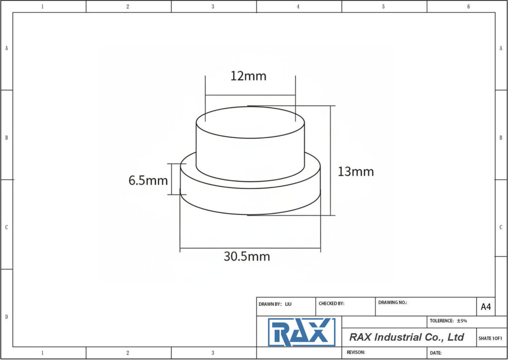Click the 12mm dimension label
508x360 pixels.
click(248, 76)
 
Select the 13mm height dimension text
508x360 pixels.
click(356, 172)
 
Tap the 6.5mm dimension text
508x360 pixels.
click(148, 181)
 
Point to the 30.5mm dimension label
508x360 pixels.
click(247, 257)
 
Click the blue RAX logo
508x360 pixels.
click(301, 332)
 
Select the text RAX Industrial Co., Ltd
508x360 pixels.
click(406, 337)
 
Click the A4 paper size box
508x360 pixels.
click(486, 307)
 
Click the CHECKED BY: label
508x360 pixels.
click(331, 303)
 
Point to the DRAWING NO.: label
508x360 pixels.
click(392, 302)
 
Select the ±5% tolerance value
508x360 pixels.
click(461, 321)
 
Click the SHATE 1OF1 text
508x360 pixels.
click(491, 338)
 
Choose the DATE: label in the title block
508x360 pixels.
click(436, 353)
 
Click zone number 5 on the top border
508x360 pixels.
click(383, 6)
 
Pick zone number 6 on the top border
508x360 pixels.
click(469, 6)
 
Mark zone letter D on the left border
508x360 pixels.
click(6, 316)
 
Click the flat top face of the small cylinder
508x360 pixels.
click(250, 122)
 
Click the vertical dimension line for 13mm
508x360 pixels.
click(330, 160)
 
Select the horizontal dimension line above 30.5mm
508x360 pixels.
click(250, 248)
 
